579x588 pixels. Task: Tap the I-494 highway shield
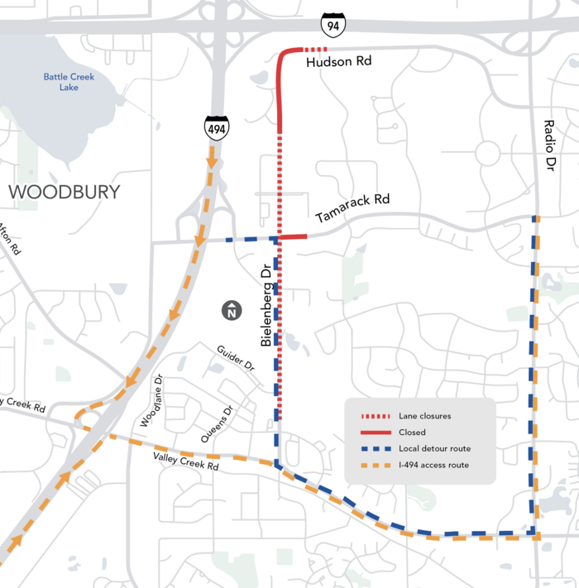217,127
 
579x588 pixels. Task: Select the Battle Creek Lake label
69,82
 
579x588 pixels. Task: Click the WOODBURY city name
64,192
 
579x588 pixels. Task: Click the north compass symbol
232,311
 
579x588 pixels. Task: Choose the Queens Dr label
218,422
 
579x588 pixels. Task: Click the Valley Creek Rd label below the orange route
185,463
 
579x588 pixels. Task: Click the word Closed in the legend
412,433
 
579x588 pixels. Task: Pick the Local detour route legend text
434,448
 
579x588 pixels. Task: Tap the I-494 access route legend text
433,465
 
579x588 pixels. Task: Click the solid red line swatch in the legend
375,433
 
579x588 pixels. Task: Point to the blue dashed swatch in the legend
375,448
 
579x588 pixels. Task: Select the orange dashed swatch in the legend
375,465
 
